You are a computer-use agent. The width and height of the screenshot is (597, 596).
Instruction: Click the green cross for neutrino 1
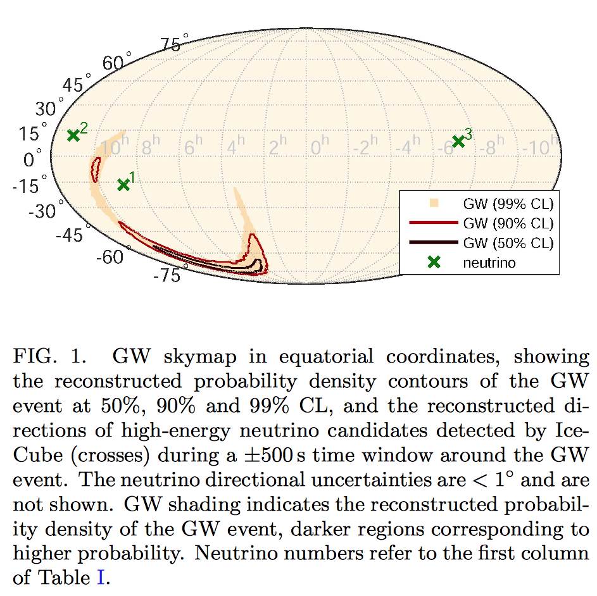coord(123,185)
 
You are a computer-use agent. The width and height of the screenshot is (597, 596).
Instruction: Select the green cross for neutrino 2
coord(73,135)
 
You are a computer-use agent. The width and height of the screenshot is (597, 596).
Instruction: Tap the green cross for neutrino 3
coord(458,142)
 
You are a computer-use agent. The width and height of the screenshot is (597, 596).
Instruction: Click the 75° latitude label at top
coord(173,46)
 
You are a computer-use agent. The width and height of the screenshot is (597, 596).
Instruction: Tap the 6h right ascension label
coord(192,148)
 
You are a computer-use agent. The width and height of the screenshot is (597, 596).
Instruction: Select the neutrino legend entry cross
coord(434,263)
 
